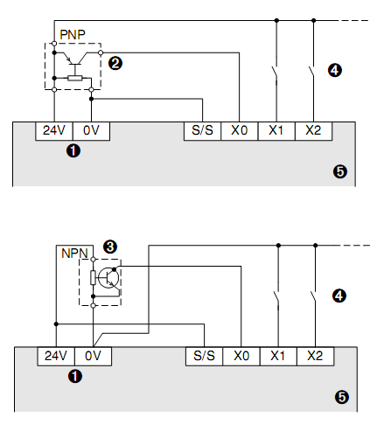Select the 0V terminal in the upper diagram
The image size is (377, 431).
point(92,131)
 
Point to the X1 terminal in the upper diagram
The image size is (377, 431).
point(276,131)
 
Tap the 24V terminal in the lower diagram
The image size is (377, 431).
point(55,356)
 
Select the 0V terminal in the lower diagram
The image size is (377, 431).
point(94,356)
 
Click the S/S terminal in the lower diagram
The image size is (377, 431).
point(203,356)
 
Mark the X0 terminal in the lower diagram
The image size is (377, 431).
point(241,356)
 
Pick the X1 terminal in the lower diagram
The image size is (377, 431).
point(278,356)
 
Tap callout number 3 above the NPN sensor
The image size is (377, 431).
point(110,246)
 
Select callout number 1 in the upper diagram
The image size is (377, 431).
point(73,151)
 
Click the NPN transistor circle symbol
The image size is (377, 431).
point(109,278)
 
